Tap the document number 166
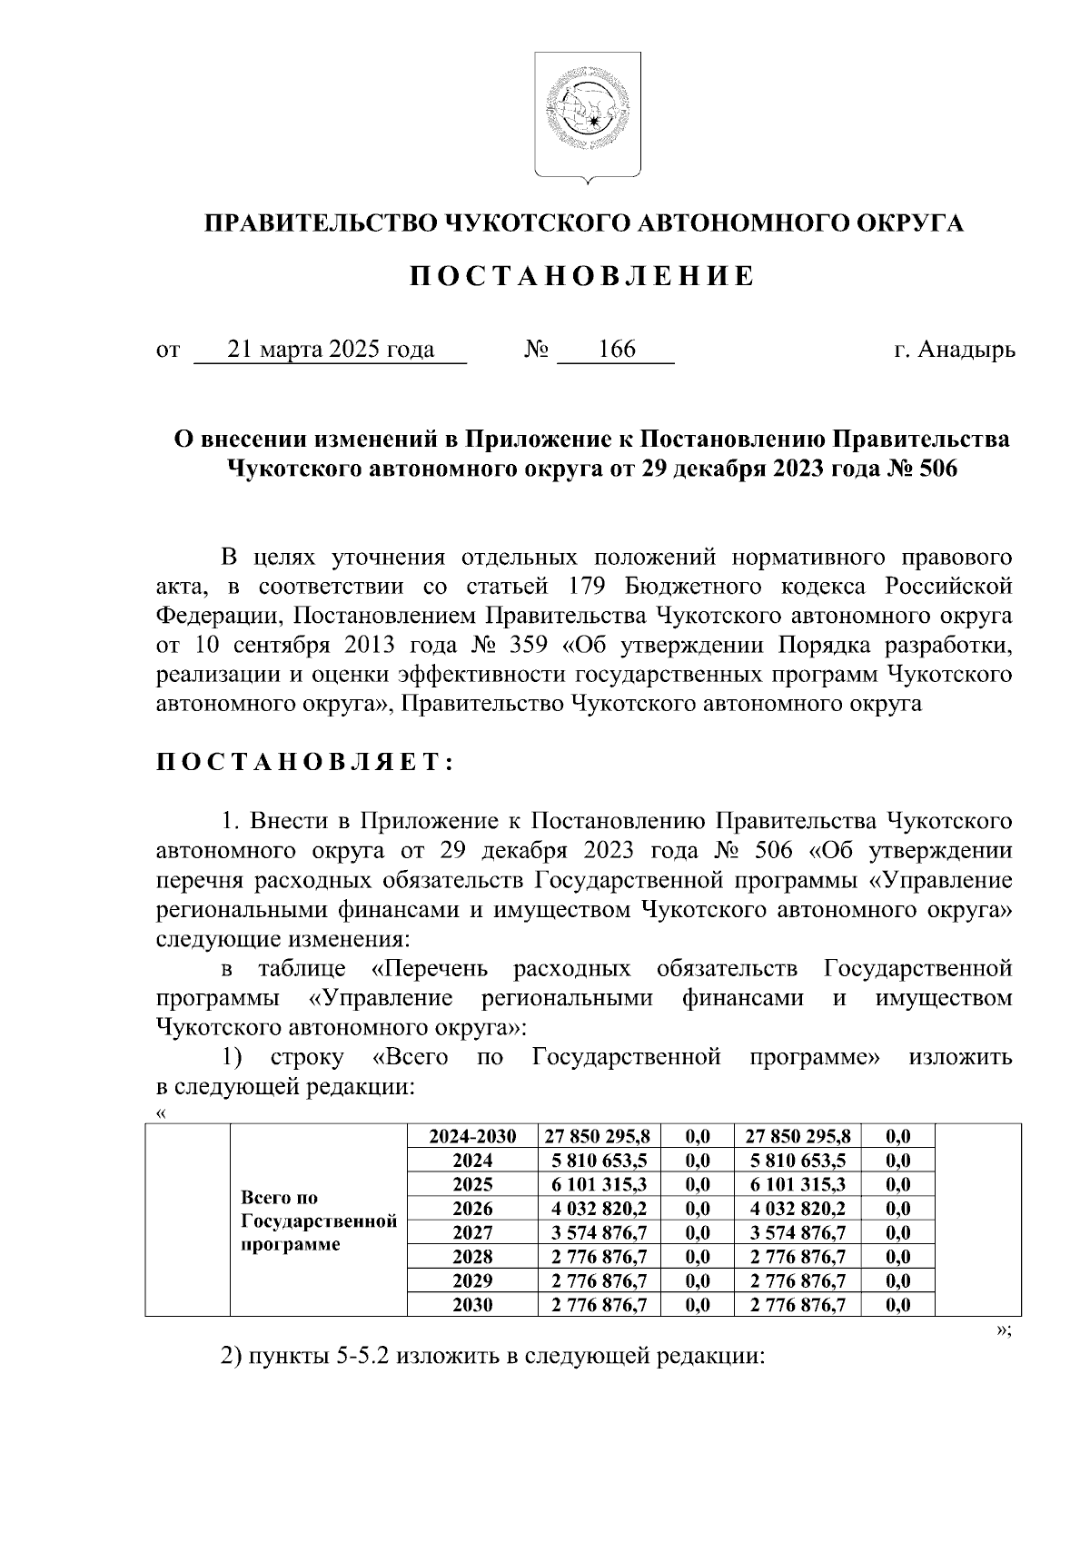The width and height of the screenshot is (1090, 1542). pos(617,350)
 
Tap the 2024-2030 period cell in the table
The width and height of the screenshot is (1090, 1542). pos(472,1136)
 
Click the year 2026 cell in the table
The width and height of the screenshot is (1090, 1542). pos(472,1209)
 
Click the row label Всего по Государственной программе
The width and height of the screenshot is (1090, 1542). pos(319,1221)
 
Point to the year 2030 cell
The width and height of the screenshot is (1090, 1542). pos(472,1305)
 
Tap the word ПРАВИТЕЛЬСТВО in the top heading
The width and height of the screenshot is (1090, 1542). pos(317,223)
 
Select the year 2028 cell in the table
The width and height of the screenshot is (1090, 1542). pos(472,1257)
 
